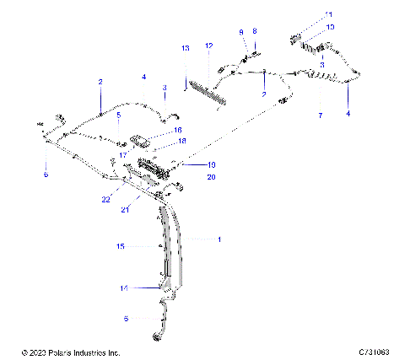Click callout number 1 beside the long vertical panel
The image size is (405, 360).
[x=219, y=240]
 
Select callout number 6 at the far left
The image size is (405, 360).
[x=46, y=175]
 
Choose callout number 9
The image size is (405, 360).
[x=241, y=32]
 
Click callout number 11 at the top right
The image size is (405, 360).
[x=330, y=14]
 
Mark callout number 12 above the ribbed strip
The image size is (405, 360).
[x=209, y=45]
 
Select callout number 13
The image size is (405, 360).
[x=186, y=50]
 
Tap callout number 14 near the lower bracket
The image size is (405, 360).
[x=123, y=288]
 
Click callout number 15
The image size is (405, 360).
[x=121, y=245]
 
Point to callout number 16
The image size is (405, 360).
[x=177, y=131]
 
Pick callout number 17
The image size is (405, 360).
[x=123, y=154]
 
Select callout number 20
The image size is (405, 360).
[x=187, y=177]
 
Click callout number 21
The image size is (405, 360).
[x=127, y=209]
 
